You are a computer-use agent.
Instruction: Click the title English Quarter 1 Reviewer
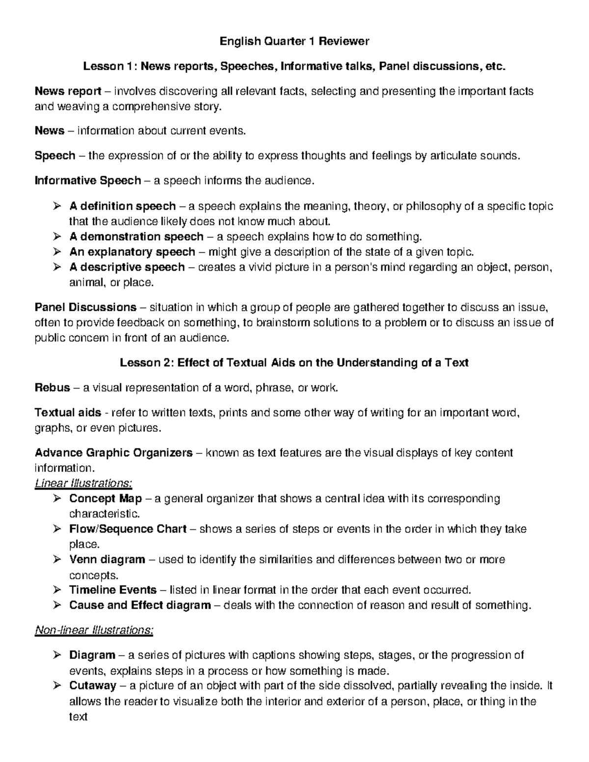click(294, 41)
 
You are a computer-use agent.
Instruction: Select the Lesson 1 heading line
click(294, 66)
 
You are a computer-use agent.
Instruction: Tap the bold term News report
click(68, 91)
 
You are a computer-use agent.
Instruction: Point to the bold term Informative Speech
click(88, 181)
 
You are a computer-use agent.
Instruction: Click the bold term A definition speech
click(123, 206)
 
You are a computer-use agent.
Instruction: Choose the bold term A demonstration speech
click(136, 236)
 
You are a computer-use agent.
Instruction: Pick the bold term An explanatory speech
click(133, 252)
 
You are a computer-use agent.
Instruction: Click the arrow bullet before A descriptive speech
click(57, 267)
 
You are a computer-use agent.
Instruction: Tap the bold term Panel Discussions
click(85, 308)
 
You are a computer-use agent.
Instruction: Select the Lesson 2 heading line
click(294, 363)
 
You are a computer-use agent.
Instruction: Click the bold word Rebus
click(53, 388)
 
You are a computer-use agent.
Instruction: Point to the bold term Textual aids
click(68, 413)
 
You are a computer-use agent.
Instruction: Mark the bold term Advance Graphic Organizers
click(113, 453)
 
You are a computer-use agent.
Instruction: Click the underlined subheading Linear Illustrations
click(83, 483)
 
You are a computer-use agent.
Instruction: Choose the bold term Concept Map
click(106, 499)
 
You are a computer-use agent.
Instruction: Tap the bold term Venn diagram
click(107, 559)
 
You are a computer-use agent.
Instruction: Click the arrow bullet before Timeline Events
click(57, 590)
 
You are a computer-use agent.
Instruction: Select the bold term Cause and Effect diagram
click(140, 605)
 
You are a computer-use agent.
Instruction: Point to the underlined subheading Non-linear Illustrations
click(94, 630)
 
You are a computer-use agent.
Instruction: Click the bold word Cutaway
click(93, 685)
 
